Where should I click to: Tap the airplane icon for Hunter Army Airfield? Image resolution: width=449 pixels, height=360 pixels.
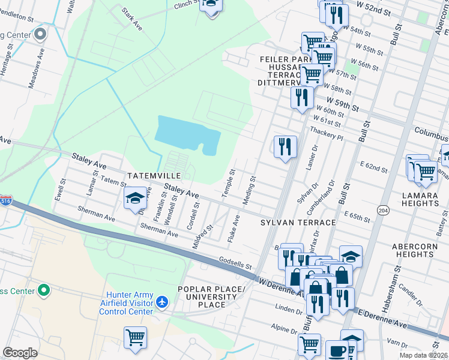point(161,303)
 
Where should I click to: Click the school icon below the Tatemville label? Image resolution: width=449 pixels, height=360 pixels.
point(136,199)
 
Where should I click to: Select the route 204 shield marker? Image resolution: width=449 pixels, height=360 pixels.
point(382,209)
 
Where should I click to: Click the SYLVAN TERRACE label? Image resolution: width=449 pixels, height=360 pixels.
point(298,223)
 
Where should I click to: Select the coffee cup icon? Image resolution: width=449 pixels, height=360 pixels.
point(336,351)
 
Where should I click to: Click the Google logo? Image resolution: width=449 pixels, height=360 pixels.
point(20,353)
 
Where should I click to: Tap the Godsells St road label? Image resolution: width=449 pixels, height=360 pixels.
point(234,265)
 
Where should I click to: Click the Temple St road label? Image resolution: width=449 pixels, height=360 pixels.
point(229,180)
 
